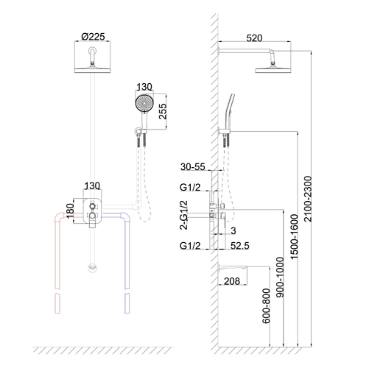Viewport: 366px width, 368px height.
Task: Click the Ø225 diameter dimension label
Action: tap(93, 37)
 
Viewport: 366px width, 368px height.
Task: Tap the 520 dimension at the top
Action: tap(254, 38)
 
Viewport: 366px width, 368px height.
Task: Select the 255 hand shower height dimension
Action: tap(163, 111)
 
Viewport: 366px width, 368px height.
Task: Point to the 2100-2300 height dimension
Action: tap(308, 199)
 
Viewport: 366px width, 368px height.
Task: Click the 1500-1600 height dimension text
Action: tap(294, 236)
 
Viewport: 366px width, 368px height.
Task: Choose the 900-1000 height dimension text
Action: tap(280, 277)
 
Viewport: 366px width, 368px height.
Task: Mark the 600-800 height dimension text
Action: tap(266, 306)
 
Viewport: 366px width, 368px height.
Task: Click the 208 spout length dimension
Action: tap(232, 281)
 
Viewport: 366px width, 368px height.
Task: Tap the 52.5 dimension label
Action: tap(240, 246)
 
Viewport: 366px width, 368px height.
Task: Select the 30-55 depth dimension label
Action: tap(193, 167)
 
